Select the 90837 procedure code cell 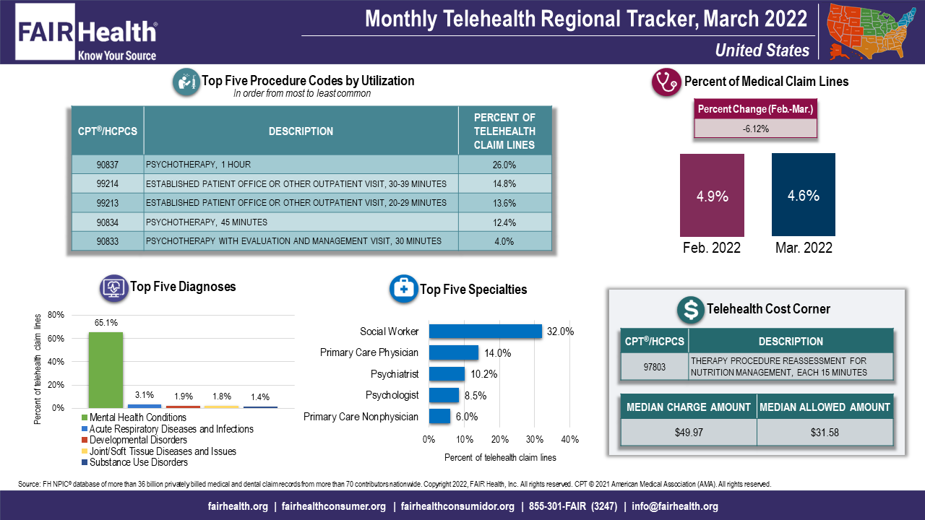pyautogui.click(x=107, y=165)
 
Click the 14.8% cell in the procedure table pyautogui.click(x=504, y=183)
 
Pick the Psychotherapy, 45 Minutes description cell pyautogui.click(x=207, y=222)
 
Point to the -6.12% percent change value pyautogui.click(x=755, y=129)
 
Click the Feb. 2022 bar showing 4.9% pyautogui.click(x=712, y=195)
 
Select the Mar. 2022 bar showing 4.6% pyautogui.click(x=803, y=195)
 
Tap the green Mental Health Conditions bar pyautogui.click(x=106, y=370)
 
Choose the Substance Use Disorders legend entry pyautogui.click(x=134, y=462)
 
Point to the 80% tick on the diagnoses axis pyautogui.click(x=56, y=315)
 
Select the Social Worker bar pyautogui.click(x=485, y=331)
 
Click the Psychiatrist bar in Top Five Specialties pyautogui.click(x=447, y=374)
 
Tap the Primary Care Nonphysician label pyautogui.click(x=361, y=417)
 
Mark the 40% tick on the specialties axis pyautogui.click(x=570, y=440)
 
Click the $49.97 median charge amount pyautogui.click(x=688, y=432)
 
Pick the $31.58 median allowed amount pyautogui.click(x=824, y=432)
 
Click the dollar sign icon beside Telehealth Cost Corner pyautogui.click(x=690, y=309)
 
